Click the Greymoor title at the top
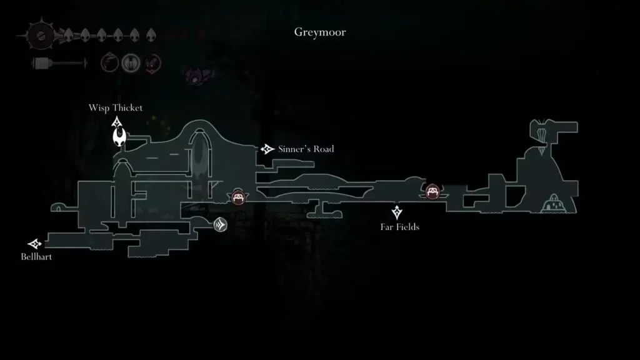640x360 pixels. point(319,32)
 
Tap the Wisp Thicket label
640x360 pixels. point(116,107)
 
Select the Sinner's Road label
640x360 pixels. point(306,149)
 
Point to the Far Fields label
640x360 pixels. point(399,227)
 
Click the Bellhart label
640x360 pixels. point(36,256)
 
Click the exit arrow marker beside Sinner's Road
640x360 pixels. point(267,149)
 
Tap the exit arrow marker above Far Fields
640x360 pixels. point(396,212)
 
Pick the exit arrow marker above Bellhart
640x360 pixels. point(35,244)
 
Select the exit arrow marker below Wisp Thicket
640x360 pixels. point(116,121)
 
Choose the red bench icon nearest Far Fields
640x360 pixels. point(432,191)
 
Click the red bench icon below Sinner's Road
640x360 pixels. point(238,197)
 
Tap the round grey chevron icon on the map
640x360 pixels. point(220,225)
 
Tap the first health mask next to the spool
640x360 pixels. point(68,35)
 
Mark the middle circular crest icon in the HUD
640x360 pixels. point(131,62)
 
